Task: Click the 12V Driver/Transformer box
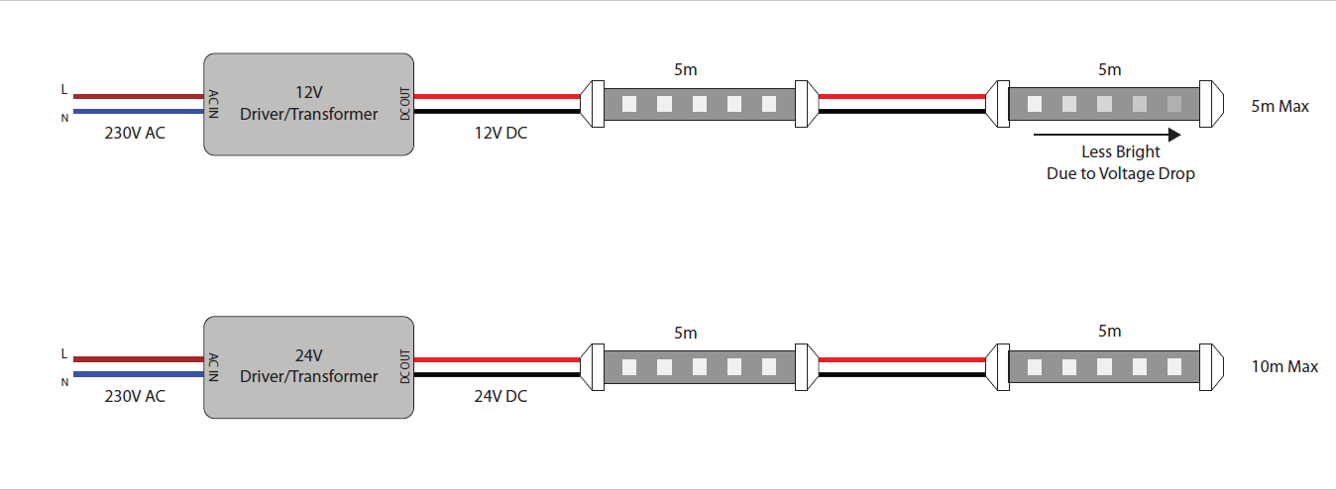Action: point(308,104)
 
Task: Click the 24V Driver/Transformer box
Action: point(308,366)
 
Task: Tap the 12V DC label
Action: point(501,133)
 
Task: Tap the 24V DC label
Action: point(501,397)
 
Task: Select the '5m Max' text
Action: point(1280,106)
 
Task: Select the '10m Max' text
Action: point(1284,366)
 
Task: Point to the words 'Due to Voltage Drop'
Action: point(1121,173)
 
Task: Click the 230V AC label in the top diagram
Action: point(135,133)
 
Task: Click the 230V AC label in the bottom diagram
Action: point(135,397)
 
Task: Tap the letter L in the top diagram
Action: point(64,90)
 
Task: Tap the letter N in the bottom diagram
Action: point(64,381)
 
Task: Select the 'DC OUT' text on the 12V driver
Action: point(404,104)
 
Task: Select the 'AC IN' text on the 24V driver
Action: point(213,366)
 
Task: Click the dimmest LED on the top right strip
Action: point(1174,103)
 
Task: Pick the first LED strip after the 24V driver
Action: point(699,366)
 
